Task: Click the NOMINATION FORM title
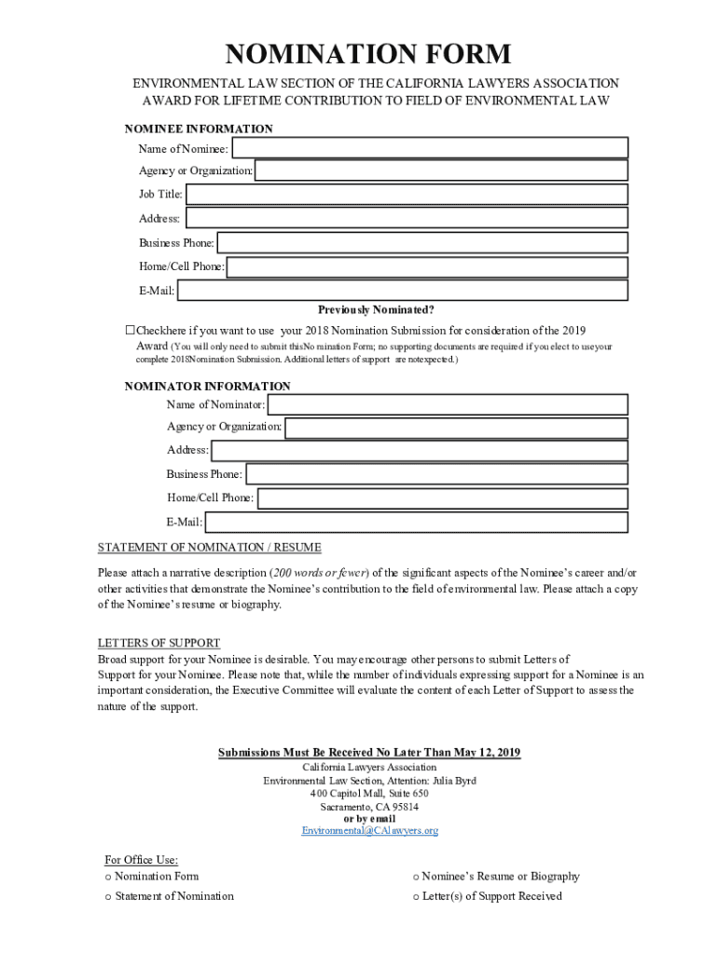pyautogui.click(x=369, y=54)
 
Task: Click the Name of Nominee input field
pyautogui.click(x=430, y=148)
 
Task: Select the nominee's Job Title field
pyautogui.click(x=407, y=195)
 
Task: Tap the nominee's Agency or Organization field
pyautogui.click(x=441, y=171)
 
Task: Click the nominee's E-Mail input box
pyautogui.click(x=403, y=291)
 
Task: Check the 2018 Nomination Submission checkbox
pyautogui.click(x=131, y=330)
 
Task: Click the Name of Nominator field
pyautogui.click(x=448, y=404)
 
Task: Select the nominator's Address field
pyautogui.click(x=420, y=451)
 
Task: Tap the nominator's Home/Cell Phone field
pyautogui.click(x=442, y=498)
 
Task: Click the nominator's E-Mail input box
pyautogui.click(x=416, y=523)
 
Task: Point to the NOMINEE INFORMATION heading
pyautogui.click(x=199, y=129)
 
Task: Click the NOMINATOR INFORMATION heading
pyautogui.click(x=207, y=386)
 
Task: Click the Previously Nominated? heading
pyautogui.click(x=376, y=310)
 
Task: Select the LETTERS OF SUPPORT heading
pyautogui.click(x=159, y=643)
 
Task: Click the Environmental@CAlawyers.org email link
pyautogui.click(x=369, y=830)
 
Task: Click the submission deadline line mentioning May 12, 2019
pyautogui.click(x=369, y=753)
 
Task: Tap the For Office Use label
pyautogui.click(x=141, y=860)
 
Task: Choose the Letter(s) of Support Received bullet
pyautogui.click(x=416, y=896)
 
